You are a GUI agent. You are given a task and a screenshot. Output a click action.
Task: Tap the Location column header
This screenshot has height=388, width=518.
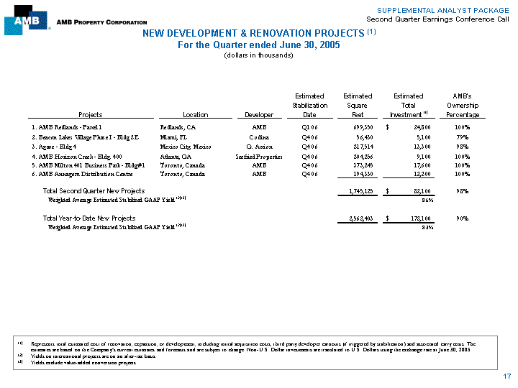[x=196, y=114]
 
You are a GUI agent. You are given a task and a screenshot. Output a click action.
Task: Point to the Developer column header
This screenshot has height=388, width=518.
[x=259, y=114]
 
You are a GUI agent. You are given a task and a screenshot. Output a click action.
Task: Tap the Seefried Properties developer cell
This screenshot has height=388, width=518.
[x=259, y=155]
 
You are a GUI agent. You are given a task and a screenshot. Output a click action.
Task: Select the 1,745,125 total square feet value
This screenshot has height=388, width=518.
[x=355, y=190]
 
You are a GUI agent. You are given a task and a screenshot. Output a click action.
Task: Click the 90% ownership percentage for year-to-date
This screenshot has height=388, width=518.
[x=463, y=218]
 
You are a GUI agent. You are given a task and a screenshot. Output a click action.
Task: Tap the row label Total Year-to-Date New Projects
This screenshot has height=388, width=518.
[x=89, y=218]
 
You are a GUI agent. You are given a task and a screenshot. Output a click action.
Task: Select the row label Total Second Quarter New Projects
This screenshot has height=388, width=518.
[x=94, y=190]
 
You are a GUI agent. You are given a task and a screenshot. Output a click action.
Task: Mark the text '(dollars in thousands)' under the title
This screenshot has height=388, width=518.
[x=259, y=55]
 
